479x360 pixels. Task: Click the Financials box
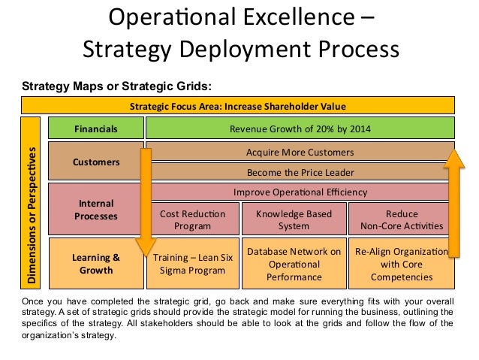pos(95,129)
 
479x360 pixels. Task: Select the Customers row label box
pos(95,161)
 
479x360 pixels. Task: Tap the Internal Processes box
pos(95,210)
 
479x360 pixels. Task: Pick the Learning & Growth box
pos(95,264)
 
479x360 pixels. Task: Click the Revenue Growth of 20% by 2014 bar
pos(300,129)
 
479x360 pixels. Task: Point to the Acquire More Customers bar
pos(300,153)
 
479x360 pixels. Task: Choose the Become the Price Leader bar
pos(300,171)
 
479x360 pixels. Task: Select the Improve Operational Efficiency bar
pos(300,192)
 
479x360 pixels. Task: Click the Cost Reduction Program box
pos(192,219)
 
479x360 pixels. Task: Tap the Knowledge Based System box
pos(294,219)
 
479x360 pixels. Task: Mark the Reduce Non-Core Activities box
pos(401,219)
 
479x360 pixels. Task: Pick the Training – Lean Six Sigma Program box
pos(194,265)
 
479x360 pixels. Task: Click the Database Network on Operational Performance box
pos(294,264)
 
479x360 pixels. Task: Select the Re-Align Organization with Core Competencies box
pos(401,264)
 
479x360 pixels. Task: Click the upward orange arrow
pos(452,203)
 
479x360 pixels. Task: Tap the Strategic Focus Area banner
pos(238,106)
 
